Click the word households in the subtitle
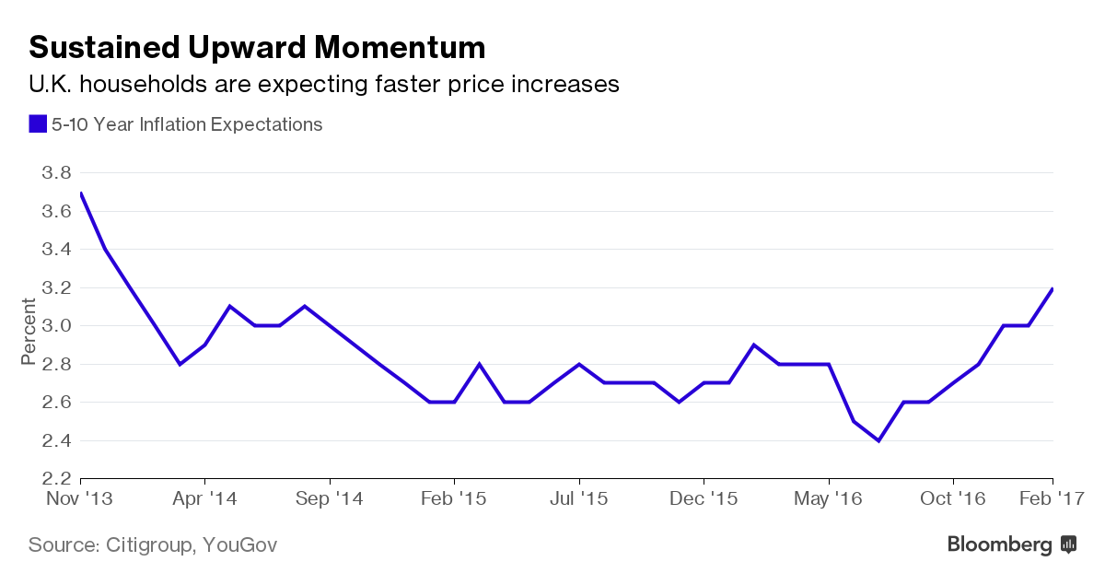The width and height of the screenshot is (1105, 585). click(156, 85)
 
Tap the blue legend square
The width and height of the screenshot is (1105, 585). click(38, 123)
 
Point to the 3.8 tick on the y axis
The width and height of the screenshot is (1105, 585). click(57, 173)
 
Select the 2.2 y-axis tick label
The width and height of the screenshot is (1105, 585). click(57, 479)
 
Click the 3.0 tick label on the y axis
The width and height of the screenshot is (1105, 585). click(57, 326)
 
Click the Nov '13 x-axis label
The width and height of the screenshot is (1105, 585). click(80, 498)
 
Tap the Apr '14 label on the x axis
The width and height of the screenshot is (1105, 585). click(204, 498)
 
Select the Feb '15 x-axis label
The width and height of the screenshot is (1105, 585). click(454, 498)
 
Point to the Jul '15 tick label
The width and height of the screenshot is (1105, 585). click(579, 498)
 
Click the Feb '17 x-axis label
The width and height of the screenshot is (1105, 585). click(1053, 498)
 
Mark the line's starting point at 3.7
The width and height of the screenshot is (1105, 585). click(81, 193)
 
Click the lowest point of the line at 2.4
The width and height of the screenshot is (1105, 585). click(878, 440)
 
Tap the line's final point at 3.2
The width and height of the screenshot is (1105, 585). click(1053, 288)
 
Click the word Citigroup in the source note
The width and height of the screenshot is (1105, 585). click(147, 545)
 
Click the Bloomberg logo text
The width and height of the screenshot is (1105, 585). click(999, 545)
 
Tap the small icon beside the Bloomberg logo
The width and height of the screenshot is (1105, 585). click(1068, 544)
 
